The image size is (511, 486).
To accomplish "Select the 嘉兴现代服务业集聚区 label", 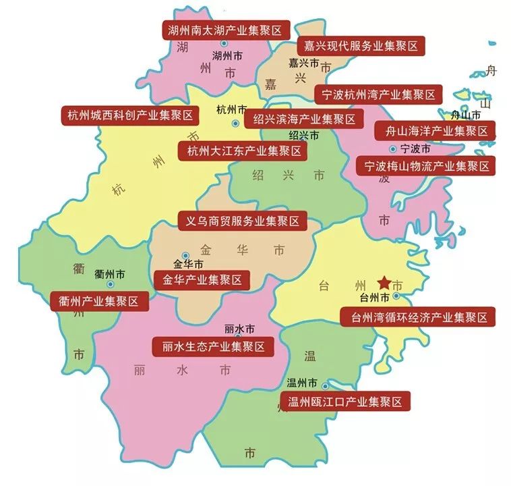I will coord(361,46).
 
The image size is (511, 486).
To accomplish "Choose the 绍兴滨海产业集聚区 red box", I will coord(299,119).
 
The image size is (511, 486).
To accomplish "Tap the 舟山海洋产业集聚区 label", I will coord(435,130).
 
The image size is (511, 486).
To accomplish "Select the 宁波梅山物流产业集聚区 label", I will coord(427,165).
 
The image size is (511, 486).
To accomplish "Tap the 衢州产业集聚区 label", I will coord(99,301).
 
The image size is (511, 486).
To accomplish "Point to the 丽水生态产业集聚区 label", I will coord(213,347).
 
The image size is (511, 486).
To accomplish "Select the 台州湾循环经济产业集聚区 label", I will coord(418,316).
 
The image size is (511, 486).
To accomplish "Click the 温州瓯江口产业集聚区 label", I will coord(344,402).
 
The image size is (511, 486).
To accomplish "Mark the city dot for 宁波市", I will coord(392,148).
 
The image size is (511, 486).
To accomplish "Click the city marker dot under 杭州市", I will coord(235,124).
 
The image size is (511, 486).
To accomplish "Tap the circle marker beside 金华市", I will coord(185,255).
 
